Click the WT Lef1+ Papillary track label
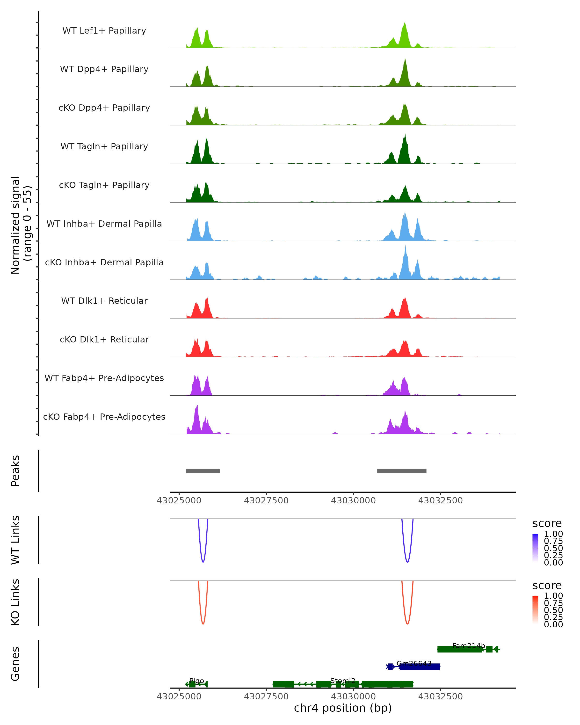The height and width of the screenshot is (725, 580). pos(104,31)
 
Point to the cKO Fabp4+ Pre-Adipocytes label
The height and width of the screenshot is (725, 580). pos(104,417)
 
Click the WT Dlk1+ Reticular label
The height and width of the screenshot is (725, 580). pos(104,301)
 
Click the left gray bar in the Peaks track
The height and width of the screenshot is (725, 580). pos(203,471)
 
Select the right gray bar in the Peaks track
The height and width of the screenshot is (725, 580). pos(402,471)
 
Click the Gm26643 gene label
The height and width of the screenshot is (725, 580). pos(414,663)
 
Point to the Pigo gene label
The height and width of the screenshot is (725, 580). pos(197,681)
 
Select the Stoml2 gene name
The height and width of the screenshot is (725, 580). pos(343,681)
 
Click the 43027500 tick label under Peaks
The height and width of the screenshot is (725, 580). pos(266,500)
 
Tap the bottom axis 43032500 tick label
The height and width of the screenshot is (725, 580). pos(441,696)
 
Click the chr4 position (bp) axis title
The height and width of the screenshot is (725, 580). pos(343,708)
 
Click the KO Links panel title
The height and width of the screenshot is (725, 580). pos(15,602)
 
